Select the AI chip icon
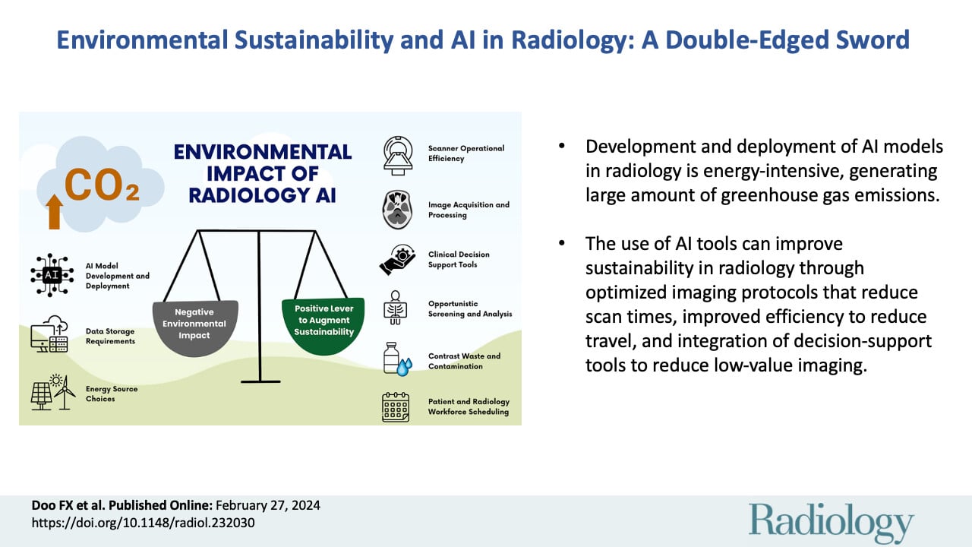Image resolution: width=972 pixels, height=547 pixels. click(x=52, y=275)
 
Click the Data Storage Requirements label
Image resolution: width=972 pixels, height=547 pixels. click(x=111, y=337)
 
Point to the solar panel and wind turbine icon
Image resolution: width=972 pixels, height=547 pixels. click(x=53, y=394)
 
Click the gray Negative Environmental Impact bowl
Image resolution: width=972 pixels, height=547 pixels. click(x=195, y=328)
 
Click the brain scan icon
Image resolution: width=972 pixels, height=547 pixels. click(x=398, y=210)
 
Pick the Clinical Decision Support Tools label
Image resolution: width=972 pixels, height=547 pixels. click(x=459, y=259)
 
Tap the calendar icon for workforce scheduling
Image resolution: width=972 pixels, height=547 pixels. click(x=395, y=407)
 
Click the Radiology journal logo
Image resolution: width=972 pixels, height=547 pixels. click(x=832, y=523)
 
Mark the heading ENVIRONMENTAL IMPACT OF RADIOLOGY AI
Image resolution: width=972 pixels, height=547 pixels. click(x=263, y=172)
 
